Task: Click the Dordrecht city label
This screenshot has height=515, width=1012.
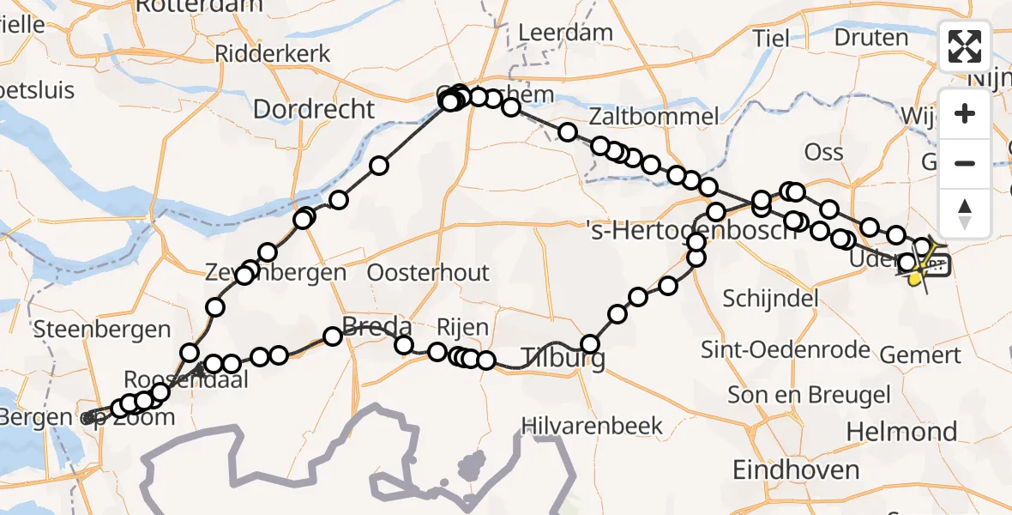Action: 314,109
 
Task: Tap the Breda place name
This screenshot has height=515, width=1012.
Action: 376,326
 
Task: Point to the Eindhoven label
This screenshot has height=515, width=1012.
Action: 796,470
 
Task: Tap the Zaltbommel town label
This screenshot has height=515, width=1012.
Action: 654,116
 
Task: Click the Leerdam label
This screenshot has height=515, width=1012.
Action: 566,33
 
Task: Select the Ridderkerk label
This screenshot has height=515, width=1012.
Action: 272,53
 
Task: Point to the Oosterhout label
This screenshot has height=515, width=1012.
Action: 428,273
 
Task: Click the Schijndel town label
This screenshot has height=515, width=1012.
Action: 770,298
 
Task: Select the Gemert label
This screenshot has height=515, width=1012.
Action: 919,354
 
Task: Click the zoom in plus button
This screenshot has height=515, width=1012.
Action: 965,113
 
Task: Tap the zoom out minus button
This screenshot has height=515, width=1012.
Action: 965,163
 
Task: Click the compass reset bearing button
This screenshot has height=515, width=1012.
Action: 965,213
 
